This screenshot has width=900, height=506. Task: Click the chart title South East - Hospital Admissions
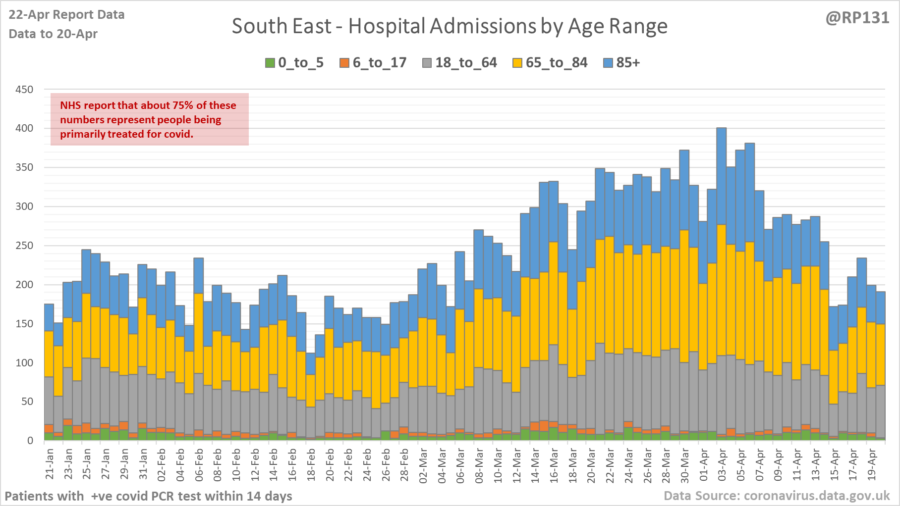click(449, 26)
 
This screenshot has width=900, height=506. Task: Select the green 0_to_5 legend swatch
click(270, 63)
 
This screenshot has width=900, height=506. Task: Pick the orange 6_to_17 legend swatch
click(344, 63)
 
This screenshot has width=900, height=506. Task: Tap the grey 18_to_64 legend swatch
click(427, 63)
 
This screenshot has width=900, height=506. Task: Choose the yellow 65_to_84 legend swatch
click(517, 63)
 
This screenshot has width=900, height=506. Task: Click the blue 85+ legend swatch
click(608, 63)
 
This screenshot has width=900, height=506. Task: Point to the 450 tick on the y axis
click(24, 90)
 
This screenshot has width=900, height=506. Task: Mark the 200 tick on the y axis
click(24, 285)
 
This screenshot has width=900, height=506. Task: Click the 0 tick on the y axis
click(30, 441)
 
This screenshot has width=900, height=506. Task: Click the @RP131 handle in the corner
click(857, 18)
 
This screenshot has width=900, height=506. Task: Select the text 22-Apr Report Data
click(66, 15)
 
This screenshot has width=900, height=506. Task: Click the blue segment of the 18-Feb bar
click(311, 364)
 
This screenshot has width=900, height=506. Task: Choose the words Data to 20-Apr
click(53, 34)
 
